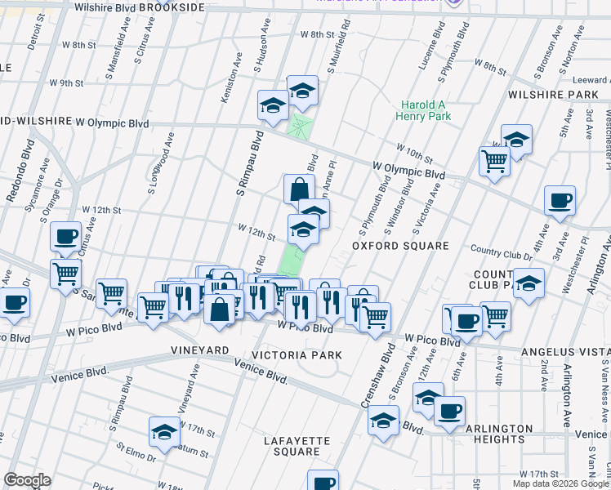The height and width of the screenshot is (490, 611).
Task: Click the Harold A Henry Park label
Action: tap(426, 111)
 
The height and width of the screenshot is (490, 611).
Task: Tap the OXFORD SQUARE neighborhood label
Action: tap(400, 246)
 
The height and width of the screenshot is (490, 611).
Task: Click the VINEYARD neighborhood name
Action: tap(200, 350)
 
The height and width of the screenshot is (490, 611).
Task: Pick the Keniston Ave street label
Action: tap(230, 79)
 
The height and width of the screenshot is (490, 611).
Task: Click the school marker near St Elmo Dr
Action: tap(164, 430)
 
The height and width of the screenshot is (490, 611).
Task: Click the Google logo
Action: tap(27, 480)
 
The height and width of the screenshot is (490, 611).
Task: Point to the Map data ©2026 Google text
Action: tap(560, 483)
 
